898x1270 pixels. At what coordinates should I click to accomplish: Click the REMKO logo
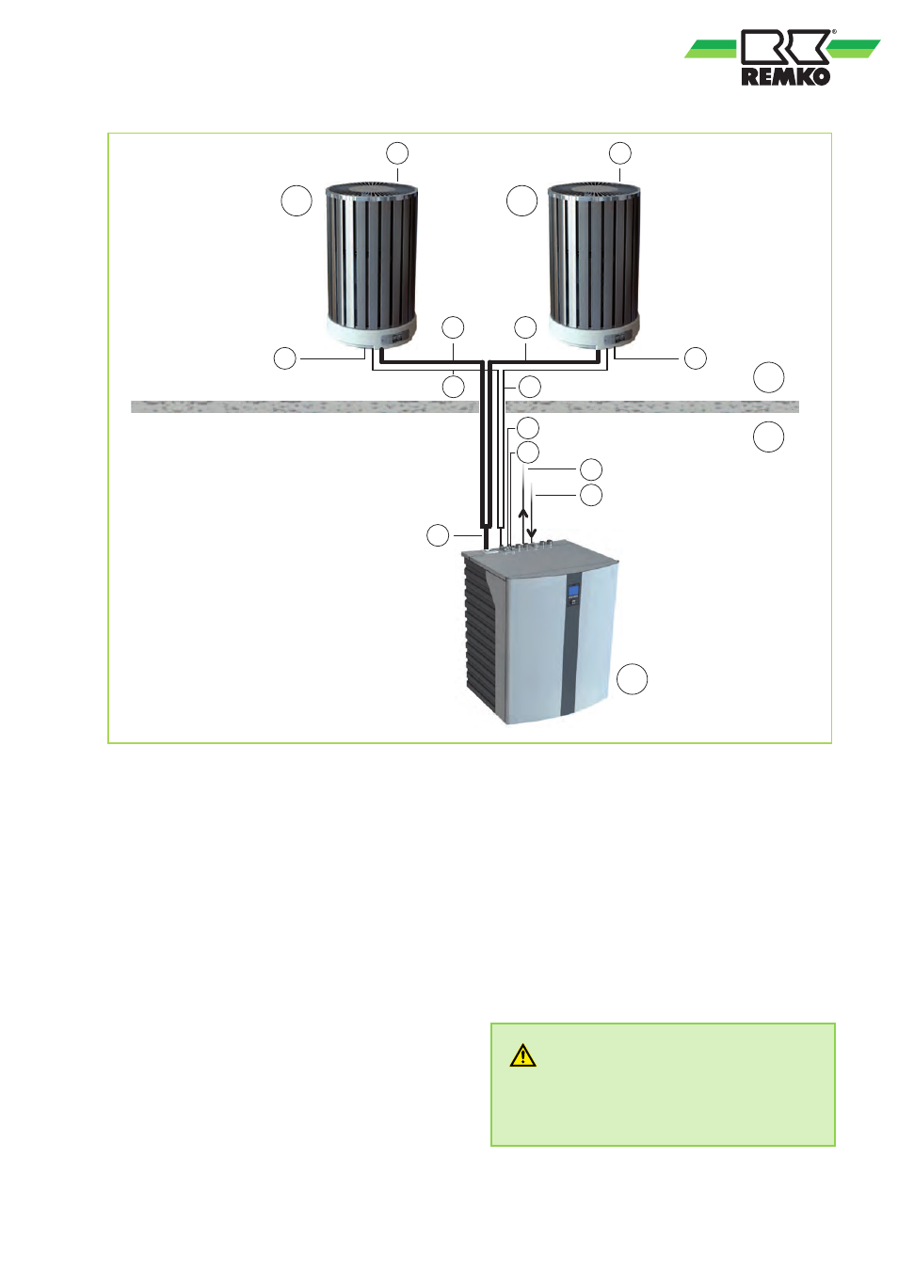click(x=782, y=57)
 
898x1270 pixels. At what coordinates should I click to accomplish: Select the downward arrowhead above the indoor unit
click(x=532, y=533)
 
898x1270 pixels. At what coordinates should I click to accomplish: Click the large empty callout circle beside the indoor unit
click(x=632, y=678)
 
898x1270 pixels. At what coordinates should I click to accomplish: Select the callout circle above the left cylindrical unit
click(x=397, y=153)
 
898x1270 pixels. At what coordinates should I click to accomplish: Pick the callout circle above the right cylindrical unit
click(x=620, y=153)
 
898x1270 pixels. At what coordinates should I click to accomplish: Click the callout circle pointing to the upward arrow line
click(x=591, y=469)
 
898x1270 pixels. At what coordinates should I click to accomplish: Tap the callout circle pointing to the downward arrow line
click(x=591, y=495)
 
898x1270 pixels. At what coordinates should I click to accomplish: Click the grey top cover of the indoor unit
click(x=539, y=557)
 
